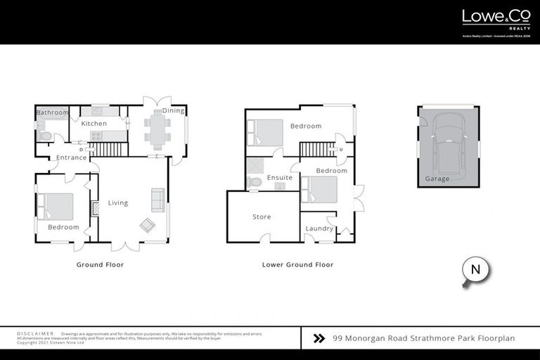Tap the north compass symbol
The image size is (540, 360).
click(475, 270)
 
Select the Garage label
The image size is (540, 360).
click(438, 179)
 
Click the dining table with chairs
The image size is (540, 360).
click(157, 129)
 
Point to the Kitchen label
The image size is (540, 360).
click(94, 124)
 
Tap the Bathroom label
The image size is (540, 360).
click(52, 112)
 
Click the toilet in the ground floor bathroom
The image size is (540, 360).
click(45, 135)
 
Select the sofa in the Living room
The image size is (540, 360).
click(157, 200)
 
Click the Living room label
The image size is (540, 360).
click(118, 203)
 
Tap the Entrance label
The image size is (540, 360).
click(72, 157)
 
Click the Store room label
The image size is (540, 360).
click(262, 217)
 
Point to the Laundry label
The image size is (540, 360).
click(319, 229)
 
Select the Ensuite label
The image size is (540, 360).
click(280, 178)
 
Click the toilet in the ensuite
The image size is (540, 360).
click(255, 182)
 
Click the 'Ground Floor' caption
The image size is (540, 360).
click(100, 265)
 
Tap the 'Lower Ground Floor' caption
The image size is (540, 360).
click(297, 265)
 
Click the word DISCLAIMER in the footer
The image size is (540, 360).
click(35, 333)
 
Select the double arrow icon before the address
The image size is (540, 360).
click(319, 338)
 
